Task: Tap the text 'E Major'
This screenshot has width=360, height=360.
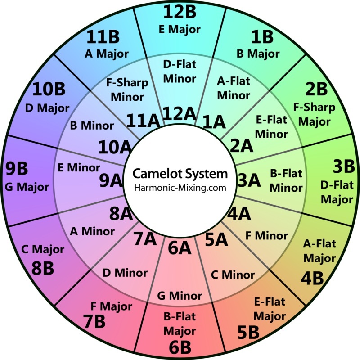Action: [x=180, y=30]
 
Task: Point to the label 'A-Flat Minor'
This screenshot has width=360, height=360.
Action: [x=233, y=88]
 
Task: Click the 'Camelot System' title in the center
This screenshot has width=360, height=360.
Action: [x=180, y=174]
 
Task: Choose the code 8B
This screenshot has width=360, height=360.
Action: [x=43, y=268]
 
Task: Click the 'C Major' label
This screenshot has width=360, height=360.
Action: [x=43, y=249]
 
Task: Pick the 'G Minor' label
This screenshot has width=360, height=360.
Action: [x=180, y=296]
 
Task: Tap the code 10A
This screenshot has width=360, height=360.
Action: [x=115, y=146]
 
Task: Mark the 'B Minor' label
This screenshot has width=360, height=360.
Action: [x=92, y=126]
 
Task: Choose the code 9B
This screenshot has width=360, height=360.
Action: [x=17, y=169]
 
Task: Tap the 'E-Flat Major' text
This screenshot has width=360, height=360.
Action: [x=270, y=309]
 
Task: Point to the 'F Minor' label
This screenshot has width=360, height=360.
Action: [x=266, y=235]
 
